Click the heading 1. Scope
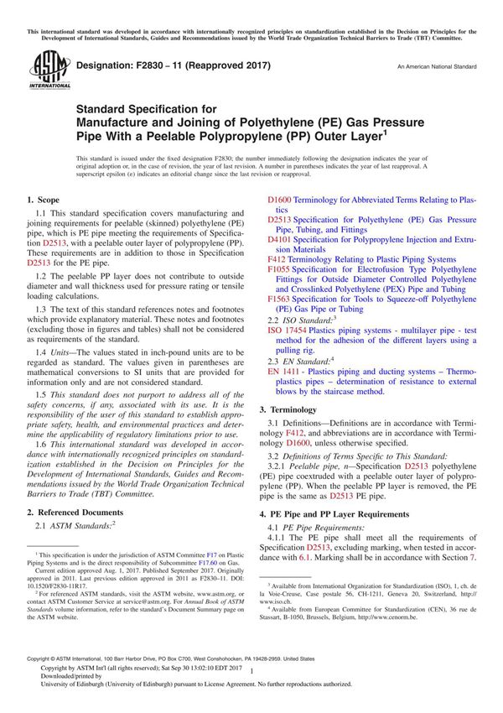43,200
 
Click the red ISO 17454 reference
291,331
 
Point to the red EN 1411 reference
288,370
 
